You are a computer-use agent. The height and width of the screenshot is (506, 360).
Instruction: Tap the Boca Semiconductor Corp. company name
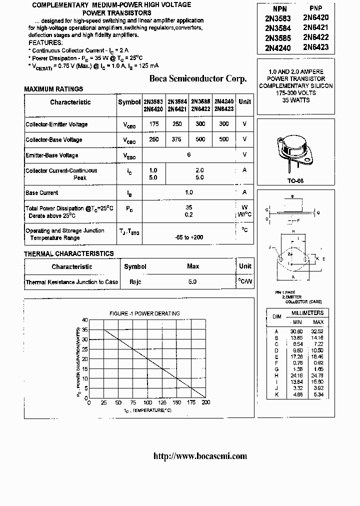click(x=198, y=78)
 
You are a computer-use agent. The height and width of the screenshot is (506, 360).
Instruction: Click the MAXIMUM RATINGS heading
click(x=53, y=89)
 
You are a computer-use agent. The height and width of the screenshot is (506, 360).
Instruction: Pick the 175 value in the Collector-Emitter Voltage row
click(x=153, y=124)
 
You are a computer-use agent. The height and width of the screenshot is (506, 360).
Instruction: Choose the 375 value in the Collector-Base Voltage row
click(x=176, y=139)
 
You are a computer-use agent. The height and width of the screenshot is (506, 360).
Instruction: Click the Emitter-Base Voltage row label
click(x=52, y=155)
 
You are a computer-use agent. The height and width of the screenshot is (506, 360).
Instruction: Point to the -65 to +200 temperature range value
click(x=189, y=237)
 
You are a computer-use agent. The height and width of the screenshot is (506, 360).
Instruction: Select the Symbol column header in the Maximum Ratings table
click(x=129, y=102)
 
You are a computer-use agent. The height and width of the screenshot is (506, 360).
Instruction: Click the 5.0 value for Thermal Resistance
click(x=192, y=282)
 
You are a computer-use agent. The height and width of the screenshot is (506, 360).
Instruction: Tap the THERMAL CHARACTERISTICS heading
click(x=69, y=254)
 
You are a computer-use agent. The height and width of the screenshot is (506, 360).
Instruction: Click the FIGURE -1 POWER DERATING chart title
click(x=144, y=313)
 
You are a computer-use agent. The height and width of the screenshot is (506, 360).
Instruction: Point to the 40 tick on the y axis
click(x=84, y=320)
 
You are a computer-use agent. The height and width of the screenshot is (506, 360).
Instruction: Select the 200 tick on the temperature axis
click(x=205, y=402)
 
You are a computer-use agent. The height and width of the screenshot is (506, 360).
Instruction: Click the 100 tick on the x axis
click(x=147, y=402)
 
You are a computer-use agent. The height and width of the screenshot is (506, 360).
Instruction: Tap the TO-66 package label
click(x=295, y=181)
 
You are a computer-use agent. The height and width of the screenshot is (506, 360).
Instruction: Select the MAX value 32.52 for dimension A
click(x=317, y=331)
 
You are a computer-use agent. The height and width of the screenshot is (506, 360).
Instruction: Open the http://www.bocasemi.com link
click(x=199, y=455)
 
